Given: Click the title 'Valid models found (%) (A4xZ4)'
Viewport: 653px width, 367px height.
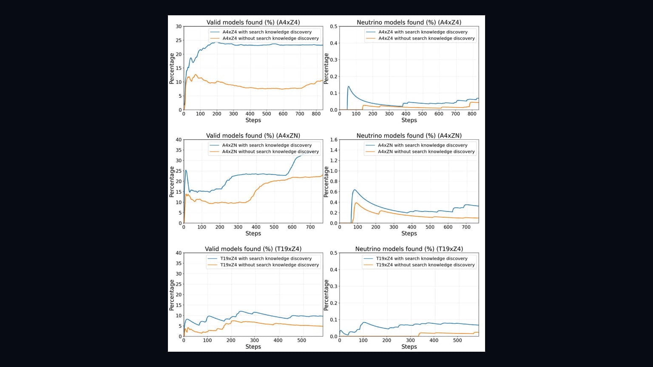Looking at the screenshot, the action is (x=253, y=23).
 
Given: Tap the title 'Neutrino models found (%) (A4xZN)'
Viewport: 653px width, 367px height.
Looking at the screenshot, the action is (x=409, y=136).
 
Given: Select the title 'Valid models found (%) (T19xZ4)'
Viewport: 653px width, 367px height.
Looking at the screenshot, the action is (x=253, y=249).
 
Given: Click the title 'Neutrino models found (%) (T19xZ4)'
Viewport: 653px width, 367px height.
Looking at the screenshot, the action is (x=409, y=249).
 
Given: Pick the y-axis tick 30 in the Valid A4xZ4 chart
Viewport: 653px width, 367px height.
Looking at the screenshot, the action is (x=179, y=26).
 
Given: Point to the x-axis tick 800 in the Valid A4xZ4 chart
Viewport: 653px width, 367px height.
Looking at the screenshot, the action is (x=316, y=114).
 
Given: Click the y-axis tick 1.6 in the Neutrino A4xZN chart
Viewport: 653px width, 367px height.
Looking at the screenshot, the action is (x=333, y=140).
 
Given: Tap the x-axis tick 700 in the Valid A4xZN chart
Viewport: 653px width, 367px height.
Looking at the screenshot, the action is (x=310, y=227).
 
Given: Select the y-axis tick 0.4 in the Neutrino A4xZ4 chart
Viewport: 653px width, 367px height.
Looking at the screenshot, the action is (x=333, y=43).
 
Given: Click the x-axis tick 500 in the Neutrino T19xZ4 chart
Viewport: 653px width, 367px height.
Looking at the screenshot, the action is (x=457, y=341).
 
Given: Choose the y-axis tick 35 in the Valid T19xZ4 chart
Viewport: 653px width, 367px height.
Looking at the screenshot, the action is (x=179, y=263).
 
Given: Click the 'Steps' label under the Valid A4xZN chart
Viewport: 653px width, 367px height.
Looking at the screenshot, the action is (x=253, y=234).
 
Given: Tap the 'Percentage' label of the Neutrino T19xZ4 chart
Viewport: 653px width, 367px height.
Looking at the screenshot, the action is (x=326, y=295).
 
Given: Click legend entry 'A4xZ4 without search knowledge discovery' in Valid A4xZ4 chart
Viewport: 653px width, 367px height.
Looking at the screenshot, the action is (x=270, y=39).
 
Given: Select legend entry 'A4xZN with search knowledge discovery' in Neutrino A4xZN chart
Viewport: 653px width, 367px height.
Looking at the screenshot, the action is (x=423, y=145).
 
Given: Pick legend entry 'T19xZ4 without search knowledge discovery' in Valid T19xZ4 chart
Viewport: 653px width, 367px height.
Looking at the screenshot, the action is (x=270, y=265).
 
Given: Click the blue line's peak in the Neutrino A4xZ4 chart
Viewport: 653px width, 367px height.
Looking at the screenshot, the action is (x=348, y=87).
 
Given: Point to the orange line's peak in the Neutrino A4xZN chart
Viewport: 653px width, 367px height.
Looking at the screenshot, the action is (x=356, y=203).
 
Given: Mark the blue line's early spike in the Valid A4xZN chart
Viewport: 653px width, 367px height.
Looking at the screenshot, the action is (x=186, y=170).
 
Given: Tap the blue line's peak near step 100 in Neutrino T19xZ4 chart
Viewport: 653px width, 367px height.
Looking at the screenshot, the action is (x=363, y=322).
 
